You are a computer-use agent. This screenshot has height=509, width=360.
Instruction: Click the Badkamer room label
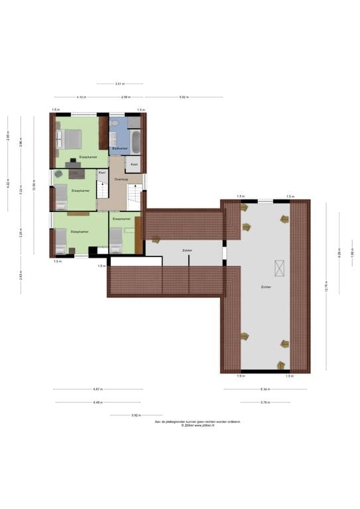click(120, 148)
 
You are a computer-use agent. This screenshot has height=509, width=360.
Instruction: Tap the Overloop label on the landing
click(121, 179)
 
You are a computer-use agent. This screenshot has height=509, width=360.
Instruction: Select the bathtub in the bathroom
click(135, 141)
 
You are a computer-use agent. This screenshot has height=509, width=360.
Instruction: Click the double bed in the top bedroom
click(71, 139)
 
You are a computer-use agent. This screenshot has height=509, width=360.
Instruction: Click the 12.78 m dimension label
click(326, 286)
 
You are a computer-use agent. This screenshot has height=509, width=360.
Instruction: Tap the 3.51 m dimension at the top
click(119, 84)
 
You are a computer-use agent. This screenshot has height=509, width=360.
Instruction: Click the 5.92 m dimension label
click(184, 97)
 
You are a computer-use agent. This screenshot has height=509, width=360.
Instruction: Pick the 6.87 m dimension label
click(97, 389)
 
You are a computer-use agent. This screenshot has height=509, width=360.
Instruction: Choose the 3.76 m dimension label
click(265, 402)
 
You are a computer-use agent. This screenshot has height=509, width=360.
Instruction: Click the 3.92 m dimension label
click(136, 415)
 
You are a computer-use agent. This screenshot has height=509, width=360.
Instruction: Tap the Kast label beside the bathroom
click(134, 164)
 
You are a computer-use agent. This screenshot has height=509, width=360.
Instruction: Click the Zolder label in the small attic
click(188, 250)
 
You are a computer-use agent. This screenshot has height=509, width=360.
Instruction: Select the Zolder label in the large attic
click(266, 287)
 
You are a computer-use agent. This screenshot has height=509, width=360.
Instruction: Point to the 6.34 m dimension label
click(265, 389)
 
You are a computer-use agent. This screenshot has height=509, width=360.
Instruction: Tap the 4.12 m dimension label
click(81, 97)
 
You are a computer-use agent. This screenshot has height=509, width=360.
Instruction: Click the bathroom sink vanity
click(114, 138)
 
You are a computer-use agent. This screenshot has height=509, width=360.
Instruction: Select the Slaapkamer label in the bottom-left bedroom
click(80, 231)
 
